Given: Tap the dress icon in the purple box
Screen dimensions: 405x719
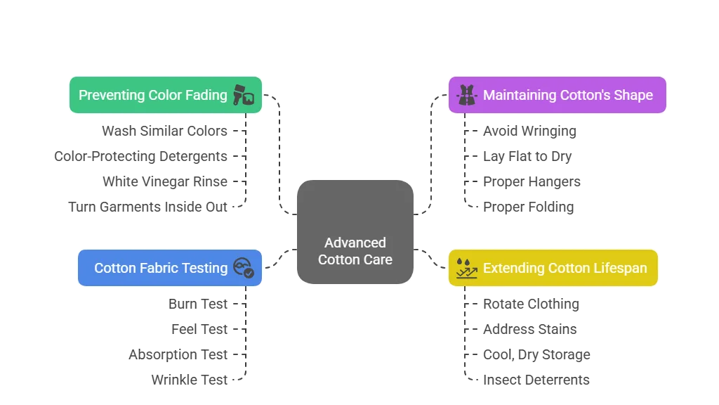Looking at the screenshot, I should point(466,95).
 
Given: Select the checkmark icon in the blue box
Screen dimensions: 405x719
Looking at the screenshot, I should point(243,268).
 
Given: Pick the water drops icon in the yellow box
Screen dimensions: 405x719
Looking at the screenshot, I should point(466,268).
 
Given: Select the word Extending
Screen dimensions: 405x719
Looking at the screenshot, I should point(514,268).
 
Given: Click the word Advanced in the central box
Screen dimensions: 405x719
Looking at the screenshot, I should point(355,243).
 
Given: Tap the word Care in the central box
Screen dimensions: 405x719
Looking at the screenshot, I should point(377,259).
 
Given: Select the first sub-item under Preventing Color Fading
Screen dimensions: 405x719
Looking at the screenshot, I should point(166,131).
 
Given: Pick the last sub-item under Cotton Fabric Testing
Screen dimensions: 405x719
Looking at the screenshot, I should point(190,380).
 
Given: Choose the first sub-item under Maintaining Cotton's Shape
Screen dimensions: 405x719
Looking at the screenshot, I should point(530,131).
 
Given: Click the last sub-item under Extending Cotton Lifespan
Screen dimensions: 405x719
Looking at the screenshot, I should point(536,380).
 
